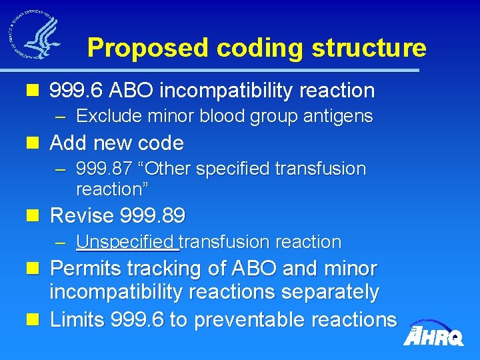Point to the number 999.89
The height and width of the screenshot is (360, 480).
pos(153,216)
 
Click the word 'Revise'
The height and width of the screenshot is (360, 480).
pos(83,216)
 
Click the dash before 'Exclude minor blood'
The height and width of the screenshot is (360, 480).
pos(61,117)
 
